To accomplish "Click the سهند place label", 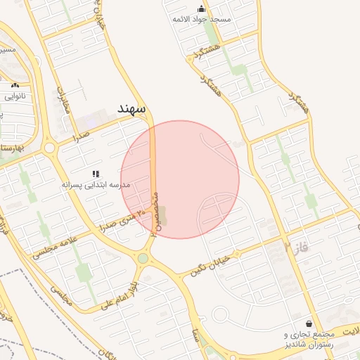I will tap(131, 109).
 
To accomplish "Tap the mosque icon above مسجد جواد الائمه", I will tap(202, 9).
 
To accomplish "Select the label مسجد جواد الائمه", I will tap(202, 20).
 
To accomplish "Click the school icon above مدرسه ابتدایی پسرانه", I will tap(96, 173).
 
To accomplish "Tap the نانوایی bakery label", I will tap(15, 95).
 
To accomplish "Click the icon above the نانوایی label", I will tap(15, 84).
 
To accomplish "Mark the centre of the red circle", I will tap(180, 179).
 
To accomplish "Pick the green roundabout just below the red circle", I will tap(143, 258).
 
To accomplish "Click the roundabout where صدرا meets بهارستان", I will tap(49, 148).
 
